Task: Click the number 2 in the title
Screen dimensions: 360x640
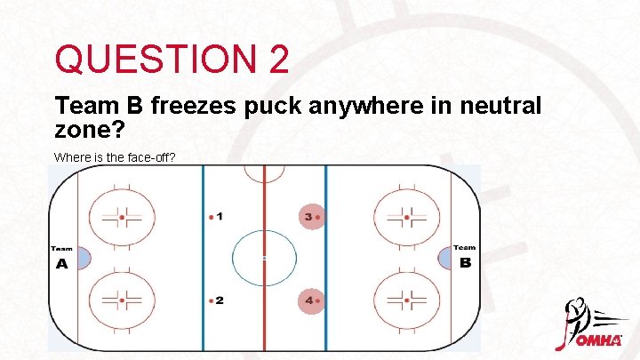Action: click(x=275, y=60)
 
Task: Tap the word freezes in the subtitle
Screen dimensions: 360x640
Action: click(x=193, y=107)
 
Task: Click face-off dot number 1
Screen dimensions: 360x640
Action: click(x=211, y=216)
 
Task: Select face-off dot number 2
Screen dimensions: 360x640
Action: click(x=211, y=300)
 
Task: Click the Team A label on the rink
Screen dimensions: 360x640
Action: click(x=61, y=259)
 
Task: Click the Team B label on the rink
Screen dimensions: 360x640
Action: click(x=465, y=259)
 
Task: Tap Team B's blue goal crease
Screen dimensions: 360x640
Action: click(x=444, y=259)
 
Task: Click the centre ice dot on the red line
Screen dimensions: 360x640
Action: click(x=264, y=259)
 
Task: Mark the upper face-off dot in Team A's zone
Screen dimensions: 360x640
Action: click(x=122, y=216)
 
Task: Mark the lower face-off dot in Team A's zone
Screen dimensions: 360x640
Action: click(x=122, y=300)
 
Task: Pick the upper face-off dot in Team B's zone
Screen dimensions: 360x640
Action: click(x=406, y=216)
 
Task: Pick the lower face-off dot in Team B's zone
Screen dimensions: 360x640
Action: click(x=406, y=300)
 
